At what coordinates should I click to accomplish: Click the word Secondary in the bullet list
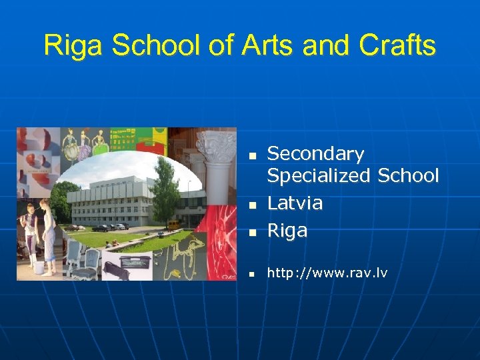(315, 154)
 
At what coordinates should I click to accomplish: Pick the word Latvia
(295, 203)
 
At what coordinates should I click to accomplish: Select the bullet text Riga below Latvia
(287, 231)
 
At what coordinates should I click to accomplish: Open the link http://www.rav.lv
(327, 273)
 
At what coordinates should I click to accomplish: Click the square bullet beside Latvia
(253, 205)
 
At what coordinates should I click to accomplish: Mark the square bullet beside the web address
(253, 275)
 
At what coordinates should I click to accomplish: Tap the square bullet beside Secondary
(253, 156)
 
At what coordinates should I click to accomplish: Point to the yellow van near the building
(173, 225)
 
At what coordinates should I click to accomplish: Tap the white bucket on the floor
(39, 267)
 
